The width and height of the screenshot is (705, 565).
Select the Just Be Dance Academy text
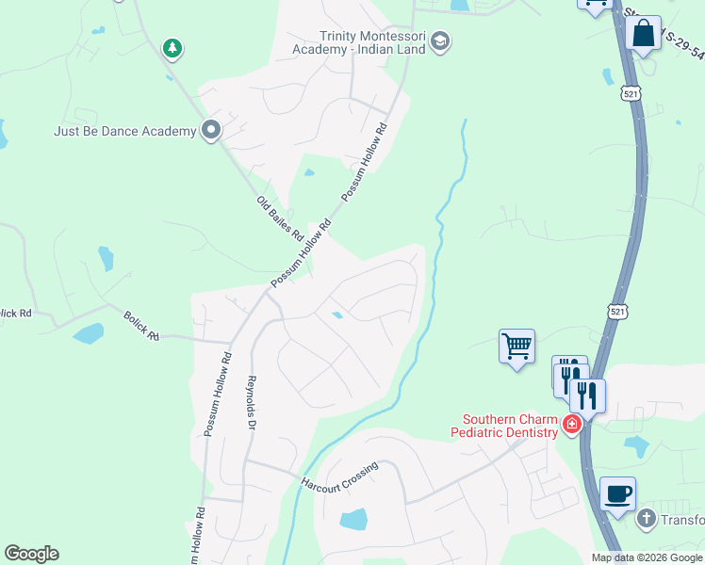coord(124,131)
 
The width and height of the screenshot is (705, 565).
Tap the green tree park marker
coord(172,47)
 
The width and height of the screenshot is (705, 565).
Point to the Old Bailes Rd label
coord(279,218)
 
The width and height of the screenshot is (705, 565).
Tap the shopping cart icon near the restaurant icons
coord(516,347)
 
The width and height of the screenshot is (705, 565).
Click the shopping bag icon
coord(643,34)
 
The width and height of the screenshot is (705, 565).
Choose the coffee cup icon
coord(617,493)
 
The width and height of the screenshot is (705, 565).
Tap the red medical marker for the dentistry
coord(571,425)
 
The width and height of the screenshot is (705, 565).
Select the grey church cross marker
coord(646,517)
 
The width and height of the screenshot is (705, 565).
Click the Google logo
coord(31,553)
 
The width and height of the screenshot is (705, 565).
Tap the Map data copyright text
coord(646,557)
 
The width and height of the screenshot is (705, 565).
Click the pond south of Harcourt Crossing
coord(352,518)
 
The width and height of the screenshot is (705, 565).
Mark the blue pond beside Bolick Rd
coord(89,333)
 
